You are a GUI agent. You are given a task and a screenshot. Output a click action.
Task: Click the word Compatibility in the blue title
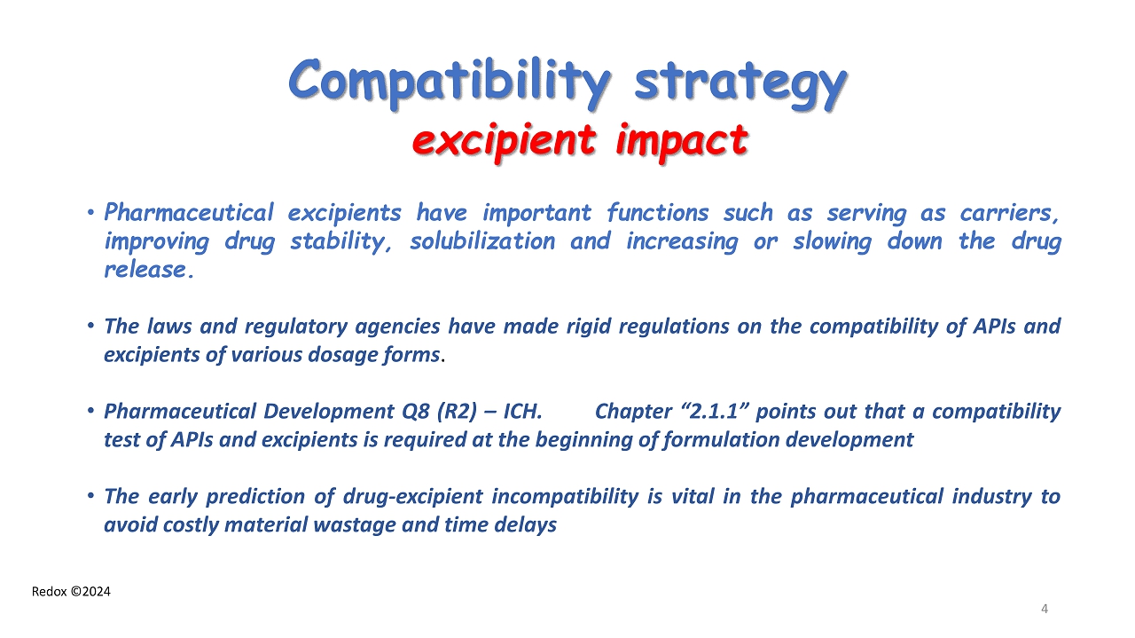click(450, 83)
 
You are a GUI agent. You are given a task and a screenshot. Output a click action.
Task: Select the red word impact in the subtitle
click(682, 141)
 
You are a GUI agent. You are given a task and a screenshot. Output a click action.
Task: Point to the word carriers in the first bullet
click(1009, 213)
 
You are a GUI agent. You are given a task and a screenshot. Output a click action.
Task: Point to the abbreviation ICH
click(522, 412)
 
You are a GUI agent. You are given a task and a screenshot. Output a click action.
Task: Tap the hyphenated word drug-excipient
click(412, 497)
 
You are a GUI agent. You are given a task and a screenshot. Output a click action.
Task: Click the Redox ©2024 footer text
click(71, 592)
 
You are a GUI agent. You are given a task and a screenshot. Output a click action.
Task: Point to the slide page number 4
click(1045, 609)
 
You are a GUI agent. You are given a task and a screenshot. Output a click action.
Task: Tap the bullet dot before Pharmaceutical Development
click(90, 411)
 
